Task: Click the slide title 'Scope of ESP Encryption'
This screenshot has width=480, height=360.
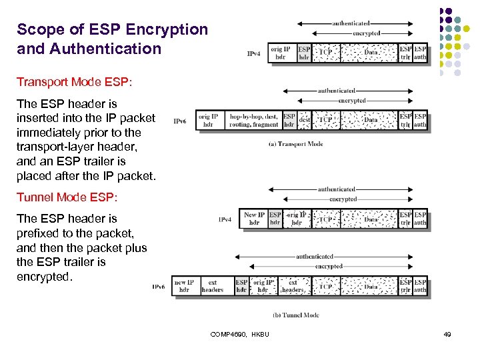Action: point(112,30)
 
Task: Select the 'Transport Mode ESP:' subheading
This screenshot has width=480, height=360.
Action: point(75,82)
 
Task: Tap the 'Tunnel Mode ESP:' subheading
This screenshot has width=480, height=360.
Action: point(67,197)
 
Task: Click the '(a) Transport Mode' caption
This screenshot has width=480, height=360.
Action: point(295,143)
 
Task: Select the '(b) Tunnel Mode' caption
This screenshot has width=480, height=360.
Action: point(296,315)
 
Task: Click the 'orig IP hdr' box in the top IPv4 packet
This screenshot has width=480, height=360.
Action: point(281,53)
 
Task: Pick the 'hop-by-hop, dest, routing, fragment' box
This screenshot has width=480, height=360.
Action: point(253,120)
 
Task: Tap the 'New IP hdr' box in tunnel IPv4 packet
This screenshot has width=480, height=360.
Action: point(254,219)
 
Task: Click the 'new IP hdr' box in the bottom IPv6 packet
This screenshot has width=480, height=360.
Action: point(185,286)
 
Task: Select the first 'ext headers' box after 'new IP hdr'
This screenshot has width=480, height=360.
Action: point(213,286)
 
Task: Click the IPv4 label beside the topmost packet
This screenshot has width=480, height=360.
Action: point(254,53)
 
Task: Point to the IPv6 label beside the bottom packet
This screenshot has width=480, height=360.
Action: point(159,287)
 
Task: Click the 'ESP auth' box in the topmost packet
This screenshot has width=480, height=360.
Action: point(420,53)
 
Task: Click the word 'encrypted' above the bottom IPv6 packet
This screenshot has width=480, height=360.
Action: point(329,266)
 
